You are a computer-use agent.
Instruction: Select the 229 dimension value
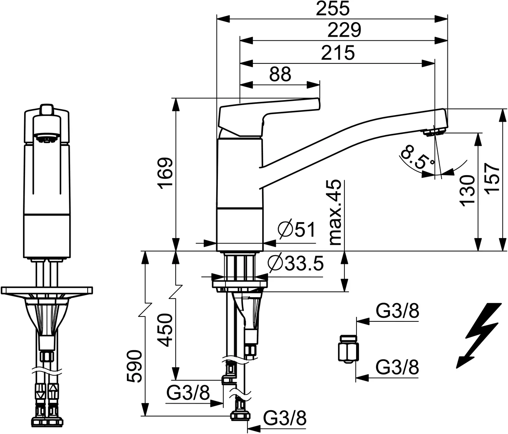click(344, 30)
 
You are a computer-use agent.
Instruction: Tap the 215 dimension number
click(338, 53)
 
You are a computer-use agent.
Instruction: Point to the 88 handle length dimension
click(280, 75)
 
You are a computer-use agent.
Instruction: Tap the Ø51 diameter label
click(296, 230)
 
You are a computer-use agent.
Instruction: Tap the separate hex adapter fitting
click(347, 348)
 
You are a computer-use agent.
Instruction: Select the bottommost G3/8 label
click(285, 418)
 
